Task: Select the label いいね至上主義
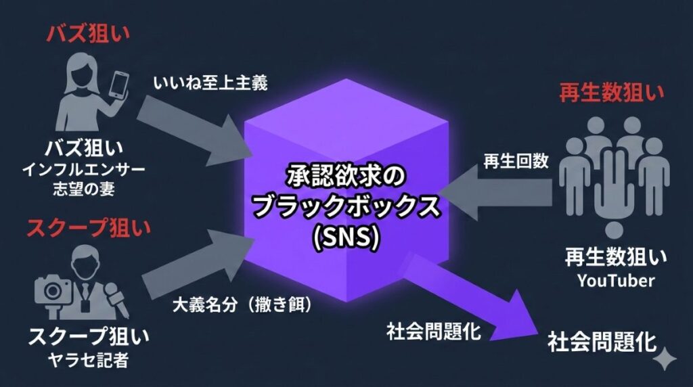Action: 210,83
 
